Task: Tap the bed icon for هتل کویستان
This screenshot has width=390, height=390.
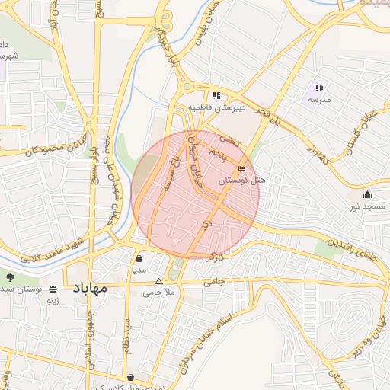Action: pyautogui.click(x=242, y=168)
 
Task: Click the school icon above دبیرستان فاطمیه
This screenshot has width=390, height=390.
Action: pyautogui.click(x=217, y=96)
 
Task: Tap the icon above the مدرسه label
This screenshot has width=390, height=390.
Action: pyautogui.click(x=319, y=88)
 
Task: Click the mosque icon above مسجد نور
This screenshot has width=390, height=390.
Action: pyautogui.click(x=368, y=194)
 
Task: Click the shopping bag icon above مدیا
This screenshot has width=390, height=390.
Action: pyautogui.click(x=138, y=257)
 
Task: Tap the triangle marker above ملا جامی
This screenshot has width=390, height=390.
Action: pyautogui.click(x=158, y=281)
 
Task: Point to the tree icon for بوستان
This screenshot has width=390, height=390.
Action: pyautogui.click(x=10, y=277)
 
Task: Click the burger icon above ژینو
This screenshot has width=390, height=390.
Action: pyautogui.click(x=53, y=289)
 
